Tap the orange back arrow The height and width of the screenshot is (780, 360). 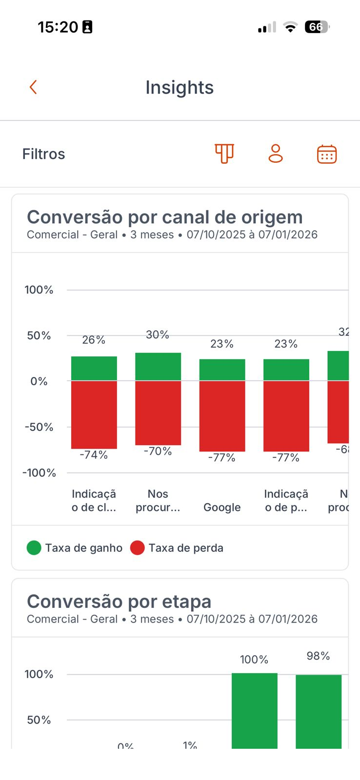pyautogui.click(x=33, y=87)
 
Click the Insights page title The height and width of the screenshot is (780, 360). pyautogui.click(x=180, y=87)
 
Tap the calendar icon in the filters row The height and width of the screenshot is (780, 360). pyautogui.click(x=327, y=154)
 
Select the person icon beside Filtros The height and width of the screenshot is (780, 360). pyautogui.click(x=276, y=154)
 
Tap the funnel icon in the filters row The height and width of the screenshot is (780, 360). pyautogui.click(x=224, y=154)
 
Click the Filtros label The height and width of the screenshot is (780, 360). pyautogui.click(x=43, y=154)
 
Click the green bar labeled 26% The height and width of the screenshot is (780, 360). pyautogui.click(x=94, y=369)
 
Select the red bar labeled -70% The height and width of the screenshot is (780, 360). pyautogui.click(x=158, y=412)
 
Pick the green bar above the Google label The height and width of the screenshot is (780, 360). pyautogui.click(x=222, y=370)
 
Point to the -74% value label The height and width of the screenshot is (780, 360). pyautogui.click(x=94, y=455)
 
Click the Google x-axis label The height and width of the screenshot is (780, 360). pyautogui.click(x=222, y=507)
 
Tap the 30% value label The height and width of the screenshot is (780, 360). pyautogui.click(x=158, y=335)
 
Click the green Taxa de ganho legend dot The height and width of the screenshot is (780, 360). pyautogui.click(x=34, y=548)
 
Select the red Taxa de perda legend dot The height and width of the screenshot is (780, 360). pyautogui.click(x=138, y=548)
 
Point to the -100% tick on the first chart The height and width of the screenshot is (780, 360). pyautogui.click(x=39, y=473)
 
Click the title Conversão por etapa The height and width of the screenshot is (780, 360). pyautogui.click(x=119, y=602)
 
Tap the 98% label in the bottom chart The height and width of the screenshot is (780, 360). pyautogui.click(x=318, y=656)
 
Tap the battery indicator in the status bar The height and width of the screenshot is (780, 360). pyautogui.click(x=317, y=27)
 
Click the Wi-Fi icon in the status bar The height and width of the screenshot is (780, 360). pyautogui.click(x=290, y=27)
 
